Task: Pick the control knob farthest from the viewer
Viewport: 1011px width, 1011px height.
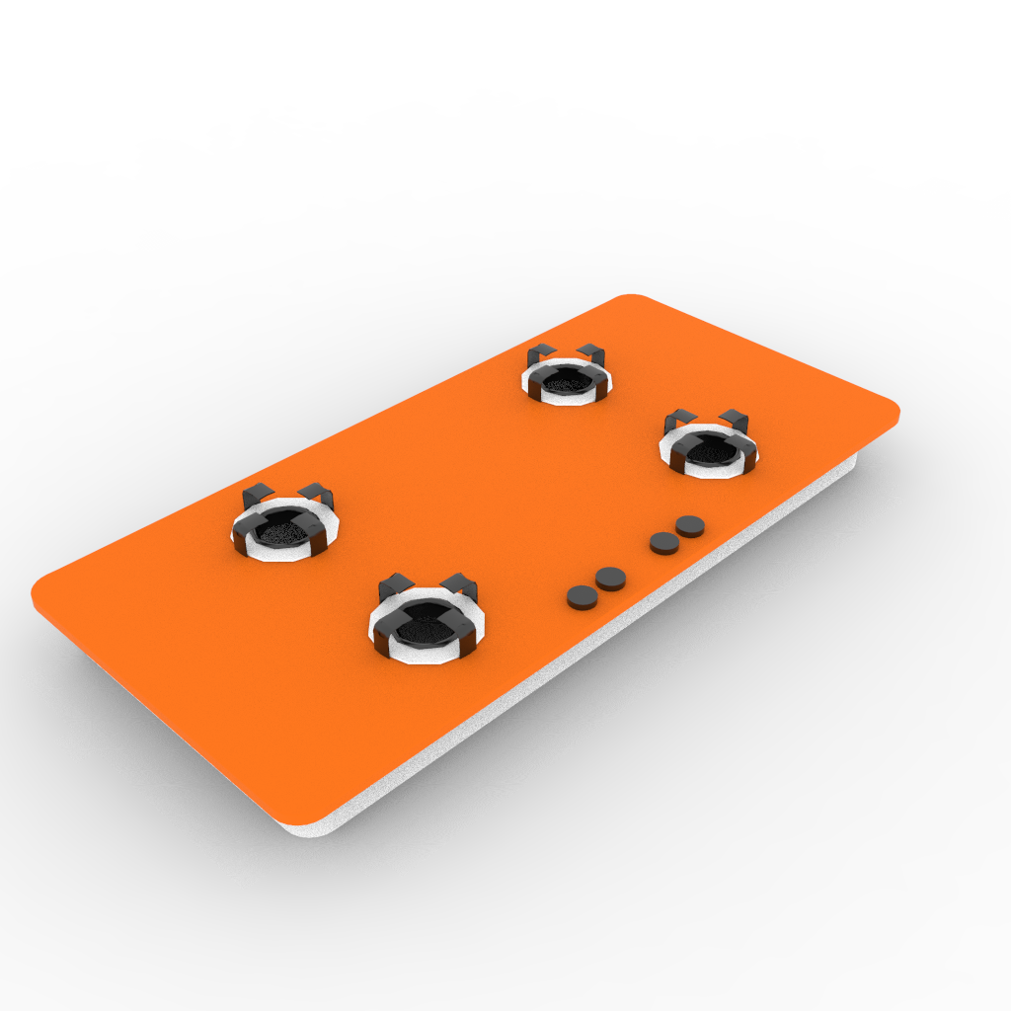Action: (691, 525)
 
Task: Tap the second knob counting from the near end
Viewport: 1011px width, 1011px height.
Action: (610, 578)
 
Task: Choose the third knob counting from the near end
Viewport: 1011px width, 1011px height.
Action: (663, 542)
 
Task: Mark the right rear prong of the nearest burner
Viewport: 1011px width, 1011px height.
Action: (461, 584)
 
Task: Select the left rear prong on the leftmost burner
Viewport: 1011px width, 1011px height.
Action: (258, 495)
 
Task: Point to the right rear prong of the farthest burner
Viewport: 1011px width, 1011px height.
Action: (591, 352)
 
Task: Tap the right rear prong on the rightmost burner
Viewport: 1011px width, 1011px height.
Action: (735, 419)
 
